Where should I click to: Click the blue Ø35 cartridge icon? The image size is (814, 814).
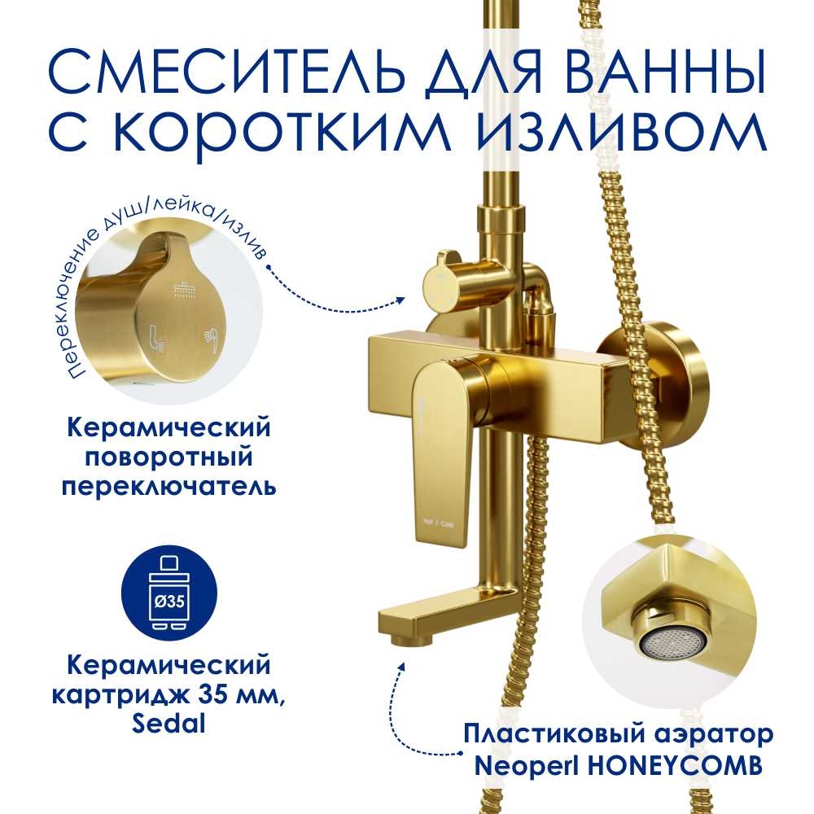(169, 593)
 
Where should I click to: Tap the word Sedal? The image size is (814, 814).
(168, 722)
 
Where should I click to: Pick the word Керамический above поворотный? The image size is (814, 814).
(169, 429)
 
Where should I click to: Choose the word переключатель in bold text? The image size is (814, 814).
(169, 487)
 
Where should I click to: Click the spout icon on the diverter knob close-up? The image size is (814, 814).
(158, 338)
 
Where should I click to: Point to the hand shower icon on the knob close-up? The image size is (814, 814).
(210, 340)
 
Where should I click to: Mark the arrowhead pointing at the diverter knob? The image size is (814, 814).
(400, 300)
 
